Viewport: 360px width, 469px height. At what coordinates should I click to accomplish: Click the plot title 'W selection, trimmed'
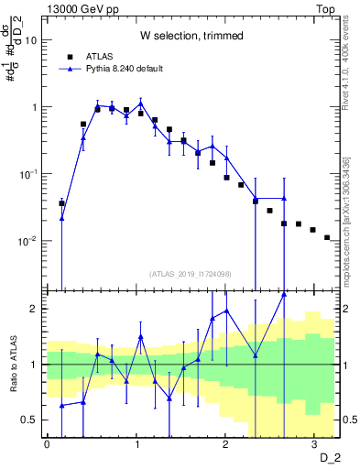pyautogui.click(x=191, y=36)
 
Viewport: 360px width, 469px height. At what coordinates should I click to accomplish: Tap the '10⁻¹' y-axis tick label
pyautogui.click(x=29, y=174)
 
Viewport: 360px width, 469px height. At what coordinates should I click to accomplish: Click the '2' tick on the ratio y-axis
pyautogui.click(x=35, y=309)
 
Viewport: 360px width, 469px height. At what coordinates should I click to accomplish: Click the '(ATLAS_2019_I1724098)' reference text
pyautogui.click(x=191, y=273)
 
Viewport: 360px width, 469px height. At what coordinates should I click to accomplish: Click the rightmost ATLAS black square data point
pyautogui.click(x=327, y=237)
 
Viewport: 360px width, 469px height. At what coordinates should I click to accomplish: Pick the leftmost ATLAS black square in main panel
pyautogui.click(x=61, y=203)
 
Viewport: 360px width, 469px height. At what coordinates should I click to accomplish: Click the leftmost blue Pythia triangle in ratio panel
pyautogui.click(x=61, y=405)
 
